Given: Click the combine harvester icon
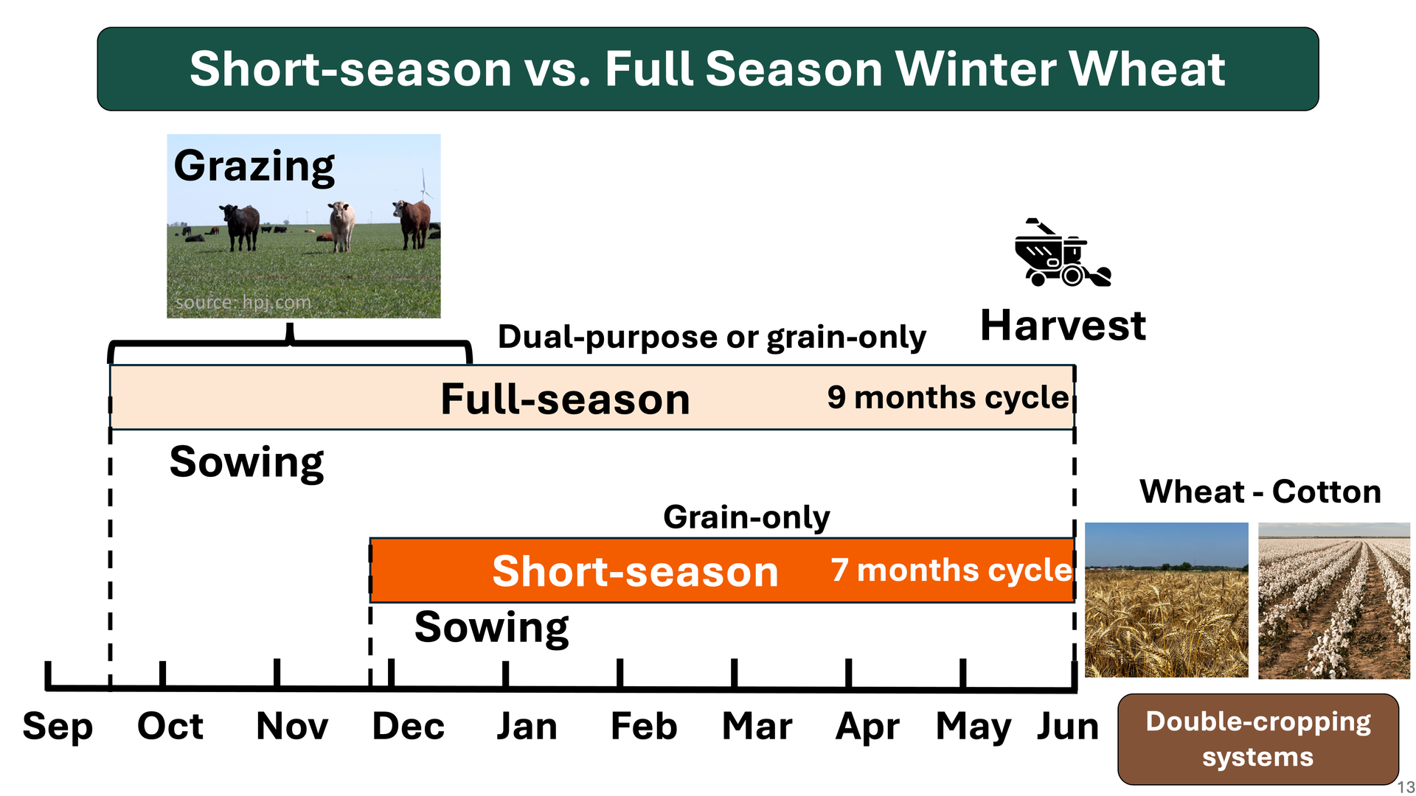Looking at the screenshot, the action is [x=1062, y=252].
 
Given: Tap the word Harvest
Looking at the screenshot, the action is [x=1063, y=325].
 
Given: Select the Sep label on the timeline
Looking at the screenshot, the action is [x=58, y=727].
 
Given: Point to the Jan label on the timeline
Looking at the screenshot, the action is [x=527, y=726].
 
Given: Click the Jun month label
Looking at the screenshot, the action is [x=1068, y=726].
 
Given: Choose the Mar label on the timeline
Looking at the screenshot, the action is [x=757, y=726].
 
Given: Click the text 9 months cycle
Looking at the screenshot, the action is [x=948, y=397].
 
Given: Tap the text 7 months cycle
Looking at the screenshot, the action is [x=951, y=570].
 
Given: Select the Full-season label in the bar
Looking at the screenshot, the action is [x=565, y=399].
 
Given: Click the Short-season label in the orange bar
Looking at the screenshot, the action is [x=635, y=571].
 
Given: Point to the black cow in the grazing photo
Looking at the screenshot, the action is [x=240, y=226].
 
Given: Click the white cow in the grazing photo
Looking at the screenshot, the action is [x=341, y=226].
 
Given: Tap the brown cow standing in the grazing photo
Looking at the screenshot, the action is [x=413, y=223].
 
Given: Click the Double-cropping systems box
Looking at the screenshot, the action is [x=1258, y=739].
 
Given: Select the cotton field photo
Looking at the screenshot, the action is [x=1334, y=600].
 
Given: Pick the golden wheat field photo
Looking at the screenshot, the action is [x=1167, y=600].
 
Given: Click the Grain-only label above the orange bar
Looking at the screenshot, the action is [x=746, y=517].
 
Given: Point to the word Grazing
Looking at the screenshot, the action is [x=254, y=167].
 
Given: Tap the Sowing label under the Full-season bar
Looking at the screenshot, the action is [x=246, y=463].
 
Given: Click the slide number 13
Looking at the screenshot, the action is [x=1406, y=787].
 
